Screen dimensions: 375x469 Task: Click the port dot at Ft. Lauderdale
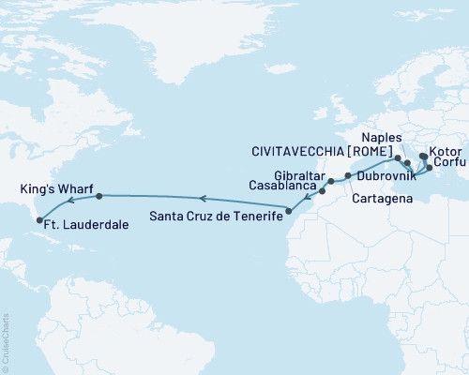click(39, 221)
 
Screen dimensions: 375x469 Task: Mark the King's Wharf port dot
click(98, 197)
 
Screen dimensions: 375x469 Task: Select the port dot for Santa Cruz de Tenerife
click(288, 211)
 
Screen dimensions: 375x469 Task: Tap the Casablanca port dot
click(321, 190)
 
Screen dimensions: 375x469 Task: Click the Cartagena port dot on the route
click(347, 175)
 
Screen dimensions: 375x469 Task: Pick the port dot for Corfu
click(430, 168)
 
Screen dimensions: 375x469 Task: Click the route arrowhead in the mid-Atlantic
click(200, 198)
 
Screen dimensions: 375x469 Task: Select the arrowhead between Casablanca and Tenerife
click(310, 198)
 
